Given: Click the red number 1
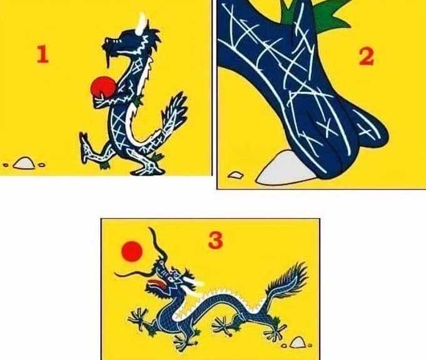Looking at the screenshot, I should (x=42, y=56).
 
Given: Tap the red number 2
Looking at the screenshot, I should (x=366, y=56).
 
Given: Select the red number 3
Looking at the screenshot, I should (x=215, y=240).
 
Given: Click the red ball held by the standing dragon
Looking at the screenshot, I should (x=103, y=86).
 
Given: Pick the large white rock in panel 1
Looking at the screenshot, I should (x=24, y=163).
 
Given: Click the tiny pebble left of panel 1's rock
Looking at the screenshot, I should (x=6, y=166).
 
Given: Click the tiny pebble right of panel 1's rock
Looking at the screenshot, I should (x=41, y=165).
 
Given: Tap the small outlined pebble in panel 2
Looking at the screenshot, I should (x=235, y=175).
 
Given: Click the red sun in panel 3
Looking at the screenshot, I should (x=132, y=252).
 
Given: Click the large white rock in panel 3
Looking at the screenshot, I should (x=298, y=342).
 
